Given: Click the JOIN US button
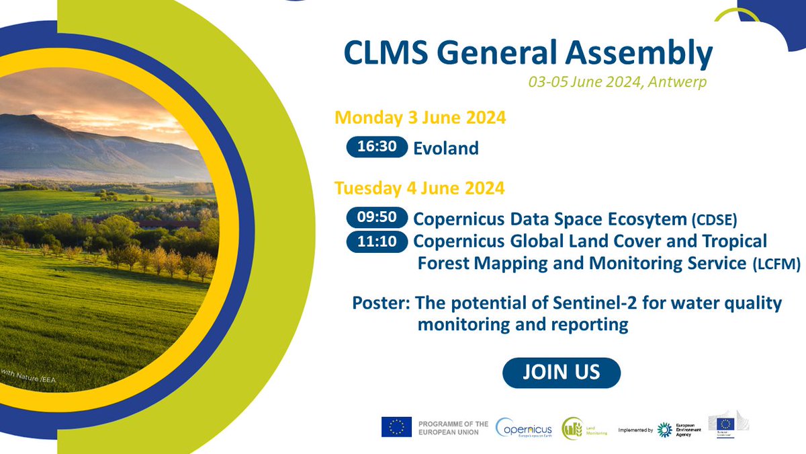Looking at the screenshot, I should (x=562, y=372).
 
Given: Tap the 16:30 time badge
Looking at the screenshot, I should (x=377, y=147).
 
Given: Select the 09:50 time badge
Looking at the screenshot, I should (x=377, y=218).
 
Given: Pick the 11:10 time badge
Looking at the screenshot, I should (x=377, y=241).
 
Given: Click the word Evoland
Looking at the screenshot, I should (x=446, y=148).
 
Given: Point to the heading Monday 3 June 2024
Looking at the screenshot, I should (x=420, y=118).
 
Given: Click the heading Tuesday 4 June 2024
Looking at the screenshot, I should (x=419, y=188).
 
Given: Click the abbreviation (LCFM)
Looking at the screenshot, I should (x=776, y=265).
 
